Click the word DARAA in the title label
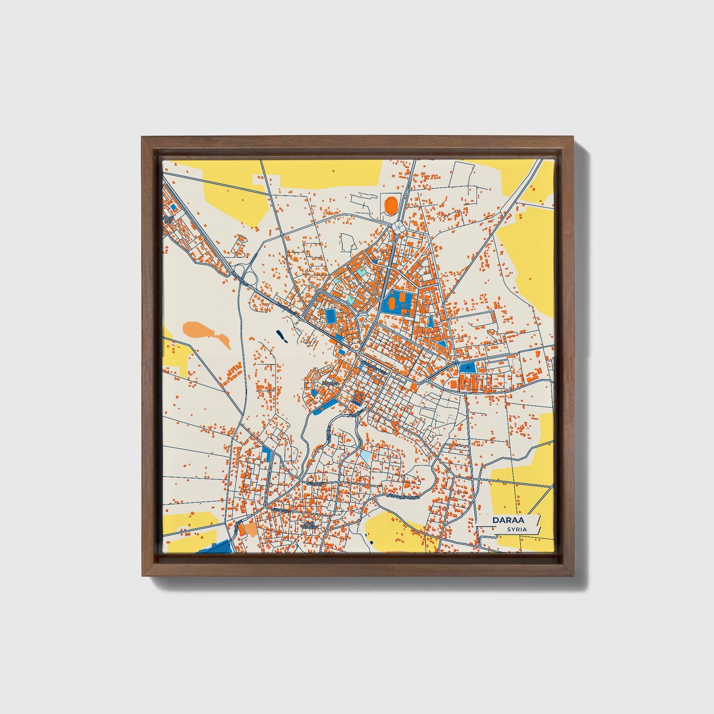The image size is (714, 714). tap(508, 520)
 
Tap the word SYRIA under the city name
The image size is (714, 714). tap(516, 530)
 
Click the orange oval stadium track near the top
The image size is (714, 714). tap(391, 204)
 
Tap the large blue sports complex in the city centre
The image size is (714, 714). tap(397, 301)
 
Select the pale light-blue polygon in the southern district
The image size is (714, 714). tap(365, 455)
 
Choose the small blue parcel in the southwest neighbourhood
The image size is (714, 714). tap(267, 453)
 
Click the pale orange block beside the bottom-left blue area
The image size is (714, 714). tap(247, 530)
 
